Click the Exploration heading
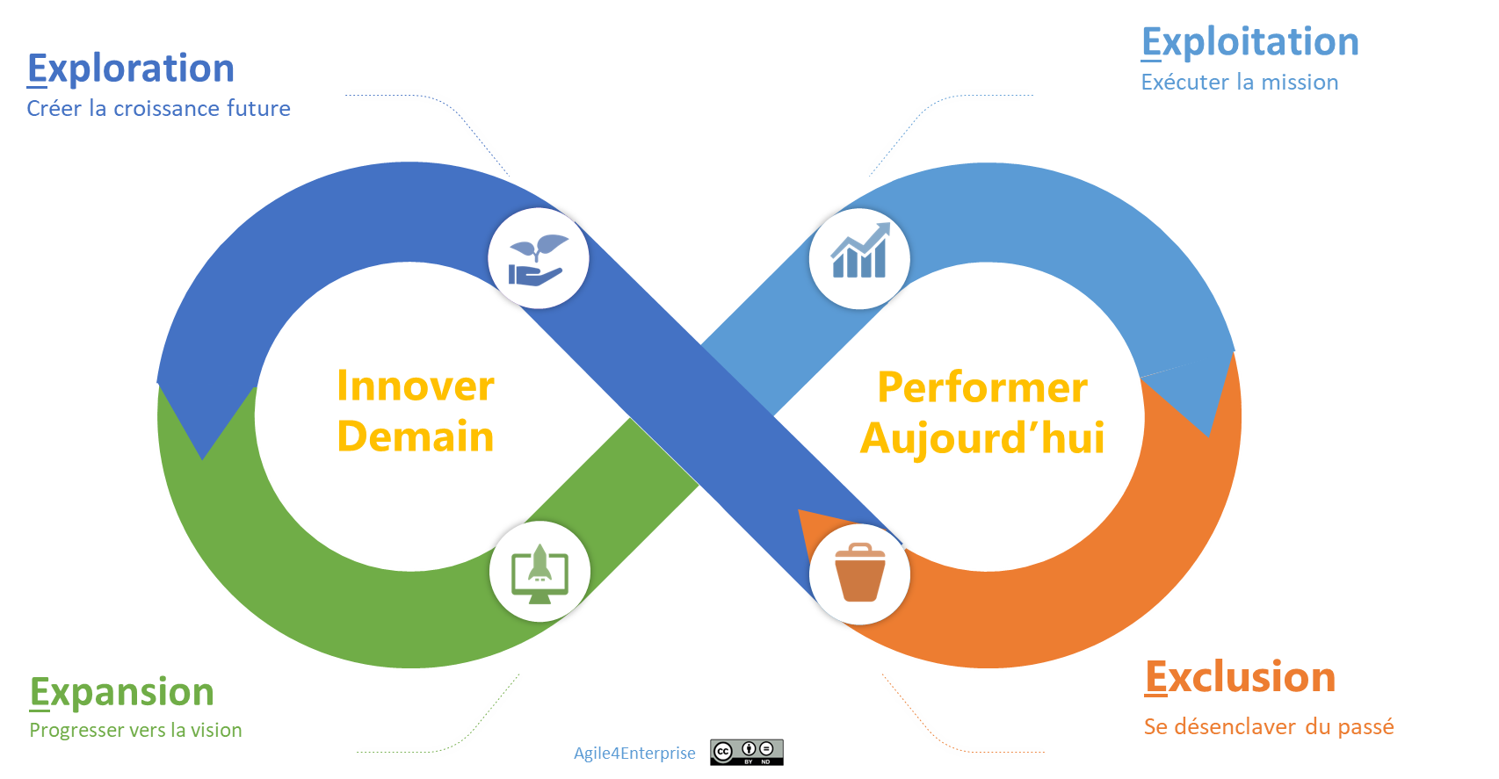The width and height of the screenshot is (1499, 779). point(131,69)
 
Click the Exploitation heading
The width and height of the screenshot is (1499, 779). point(1249,42)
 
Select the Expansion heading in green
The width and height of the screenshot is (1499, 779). point(121,692)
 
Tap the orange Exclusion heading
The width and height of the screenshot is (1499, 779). point(1240,677)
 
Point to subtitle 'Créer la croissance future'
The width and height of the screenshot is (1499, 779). point(158,108)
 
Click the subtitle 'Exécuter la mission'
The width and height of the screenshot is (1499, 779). point(1239,83)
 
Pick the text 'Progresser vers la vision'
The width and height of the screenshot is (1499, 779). point(135,730)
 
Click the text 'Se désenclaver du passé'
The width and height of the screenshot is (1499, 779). point(1268,726)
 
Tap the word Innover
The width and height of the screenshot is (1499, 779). point(416,386)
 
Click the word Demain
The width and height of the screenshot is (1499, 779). point(416,436)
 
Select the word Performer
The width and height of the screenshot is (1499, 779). point(982,387)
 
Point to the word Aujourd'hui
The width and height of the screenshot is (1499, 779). point(982,438)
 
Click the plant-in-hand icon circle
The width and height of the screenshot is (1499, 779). point(538,258)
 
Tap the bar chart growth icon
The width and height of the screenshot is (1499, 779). point(859,257)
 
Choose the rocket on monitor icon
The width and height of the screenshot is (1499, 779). point(539,572)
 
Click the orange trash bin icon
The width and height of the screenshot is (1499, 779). point(859,573)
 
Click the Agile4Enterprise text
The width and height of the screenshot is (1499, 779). point(634,753)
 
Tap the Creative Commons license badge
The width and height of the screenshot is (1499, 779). point(747,752)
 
